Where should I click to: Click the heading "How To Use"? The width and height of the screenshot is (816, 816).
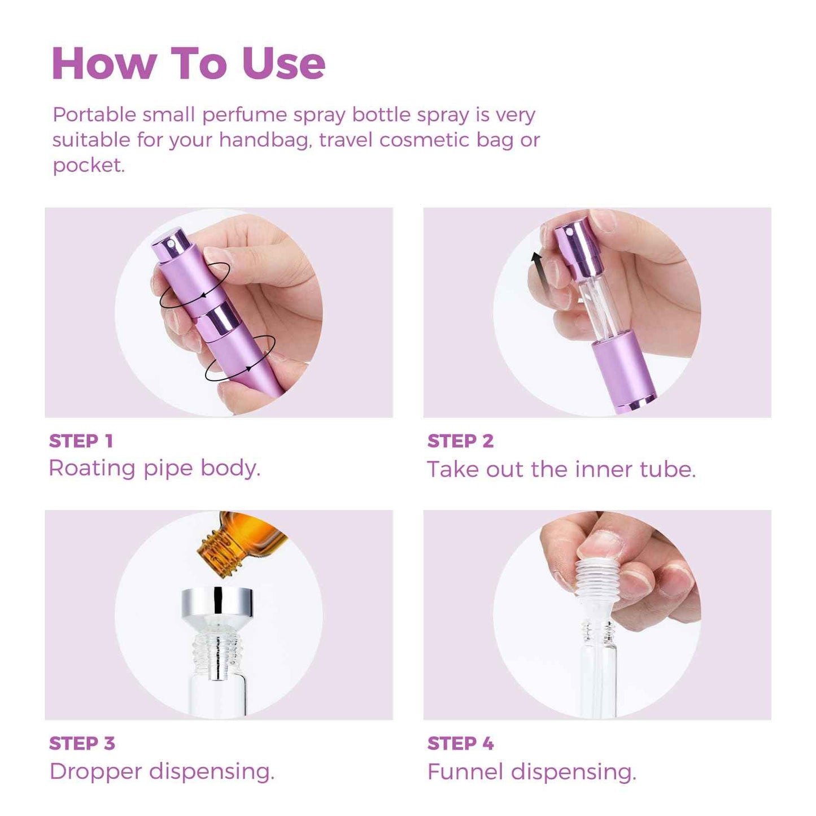click(x=188, y=63)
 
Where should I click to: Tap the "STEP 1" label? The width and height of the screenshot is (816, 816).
click(x=81, y=441)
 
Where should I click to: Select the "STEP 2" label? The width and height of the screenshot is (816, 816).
click(x=460, y=441)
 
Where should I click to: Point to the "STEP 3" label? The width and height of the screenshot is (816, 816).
click(x=82, y=744)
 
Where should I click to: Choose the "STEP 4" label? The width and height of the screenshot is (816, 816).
click(x=460, y=744)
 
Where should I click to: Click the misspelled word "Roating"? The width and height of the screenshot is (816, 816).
click(x=92, y=468)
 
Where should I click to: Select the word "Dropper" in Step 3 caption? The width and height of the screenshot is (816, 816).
click(x=95, y=771)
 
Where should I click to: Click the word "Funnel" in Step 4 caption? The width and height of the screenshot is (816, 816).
click(x=465, y=772)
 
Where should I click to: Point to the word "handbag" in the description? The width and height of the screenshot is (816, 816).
click(x=265, y=140)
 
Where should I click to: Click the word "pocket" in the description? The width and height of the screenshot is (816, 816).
click(x=88, y=165)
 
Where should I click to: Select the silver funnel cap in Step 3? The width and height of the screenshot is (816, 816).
click(x=217, y=603)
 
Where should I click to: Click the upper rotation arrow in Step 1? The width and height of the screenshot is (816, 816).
click(x=194, y=286)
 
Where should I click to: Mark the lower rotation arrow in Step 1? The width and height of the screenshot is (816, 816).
click(x=240, y=359)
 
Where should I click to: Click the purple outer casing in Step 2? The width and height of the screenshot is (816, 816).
click(x=623, y=369)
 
